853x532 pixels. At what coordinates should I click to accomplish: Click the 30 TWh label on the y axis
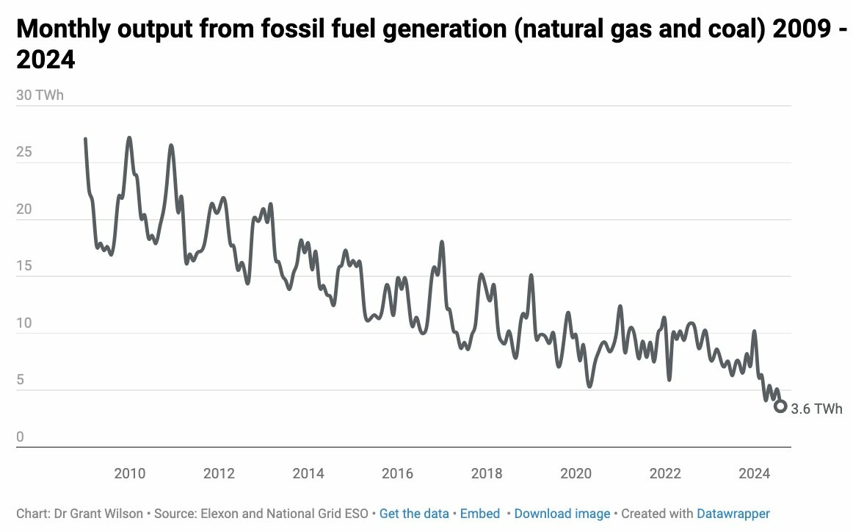[x=40, y=96]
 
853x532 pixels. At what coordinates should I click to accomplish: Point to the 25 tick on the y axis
[x=23, y=153]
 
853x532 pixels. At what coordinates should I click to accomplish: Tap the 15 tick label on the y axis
[x=23, y=266]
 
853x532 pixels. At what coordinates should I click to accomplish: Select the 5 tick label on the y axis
[x=20, y=380]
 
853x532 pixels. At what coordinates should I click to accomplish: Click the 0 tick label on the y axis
[x=20, y=437]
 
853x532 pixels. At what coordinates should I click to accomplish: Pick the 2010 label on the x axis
[x=129, y=473]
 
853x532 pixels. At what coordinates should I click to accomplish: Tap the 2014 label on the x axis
[x=308, y=473]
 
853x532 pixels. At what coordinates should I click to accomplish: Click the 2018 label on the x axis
[x=487, y=473]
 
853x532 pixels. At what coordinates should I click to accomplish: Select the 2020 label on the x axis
[x=576, y=473]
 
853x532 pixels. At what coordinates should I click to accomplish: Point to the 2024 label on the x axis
[x=754, y=473]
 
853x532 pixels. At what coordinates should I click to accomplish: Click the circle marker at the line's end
[x=780, y=406]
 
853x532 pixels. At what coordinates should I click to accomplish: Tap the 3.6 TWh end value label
[x=817, y=409]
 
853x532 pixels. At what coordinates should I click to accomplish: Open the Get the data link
[x=414, y=514]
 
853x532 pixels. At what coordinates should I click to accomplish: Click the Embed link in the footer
[x=480, y=514]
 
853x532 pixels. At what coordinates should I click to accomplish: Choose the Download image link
[x=562, y=514]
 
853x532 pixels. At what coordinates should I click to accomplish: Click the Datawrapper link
[x=733, y=514]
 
